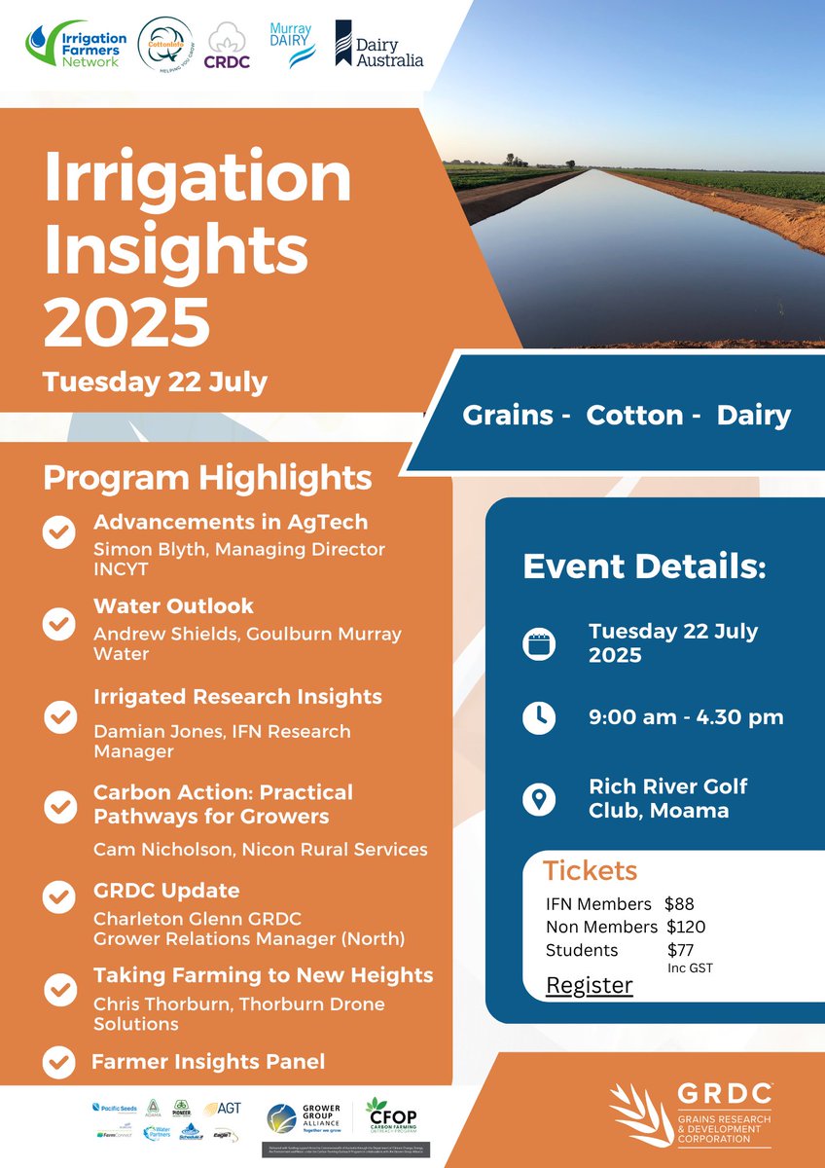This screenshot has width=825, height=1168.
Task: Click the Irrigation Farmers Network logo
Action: tap(74, 47)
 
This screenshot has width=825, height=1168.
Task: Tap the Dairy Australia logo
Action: tap(379, 46)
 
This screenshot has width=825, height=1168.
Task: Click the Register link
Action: tap(589, 985)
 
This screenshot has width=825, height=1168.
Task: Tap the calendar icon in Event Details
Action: tap(538, 644)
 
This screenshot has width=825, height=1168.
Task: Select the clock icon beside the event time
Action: tap(538, 717)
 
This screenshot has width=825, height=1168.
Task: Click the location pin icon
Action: tap(538, 799)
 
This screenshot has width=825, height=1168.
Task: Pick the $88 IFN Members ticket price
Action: tap(679, 904)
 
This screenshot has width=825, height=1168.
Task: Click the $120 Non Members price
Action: tap(686, 927)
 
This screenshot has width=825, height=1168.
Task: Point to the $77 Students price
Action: tap(681, 949)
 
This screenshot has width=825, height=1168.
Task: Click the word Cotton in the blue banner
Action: tap(634, 416)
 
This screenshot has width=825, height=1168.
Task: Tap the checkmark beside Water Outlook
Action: tap(60, 623)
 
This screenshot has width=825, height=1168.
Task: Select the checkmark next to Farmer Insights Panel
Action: tap(60, 1061)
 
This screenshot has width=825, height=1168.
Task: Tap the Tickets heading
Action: tap(590, 870)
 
